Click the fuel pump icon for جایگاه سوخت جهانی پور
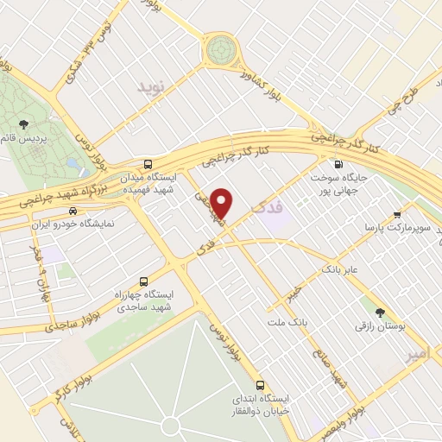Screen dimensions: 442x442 click(337, 164)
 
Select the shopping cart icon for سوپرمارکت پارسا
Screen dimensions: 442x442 click(396, 214)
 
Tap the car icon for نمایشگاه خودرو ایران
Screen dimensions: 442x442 click(73, 210)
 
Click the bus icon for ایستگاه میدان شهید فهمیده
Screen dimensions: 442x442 click(148, 163)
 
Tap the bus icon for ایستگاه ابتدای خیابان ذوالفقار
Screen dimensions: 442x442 click(260, 385)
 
